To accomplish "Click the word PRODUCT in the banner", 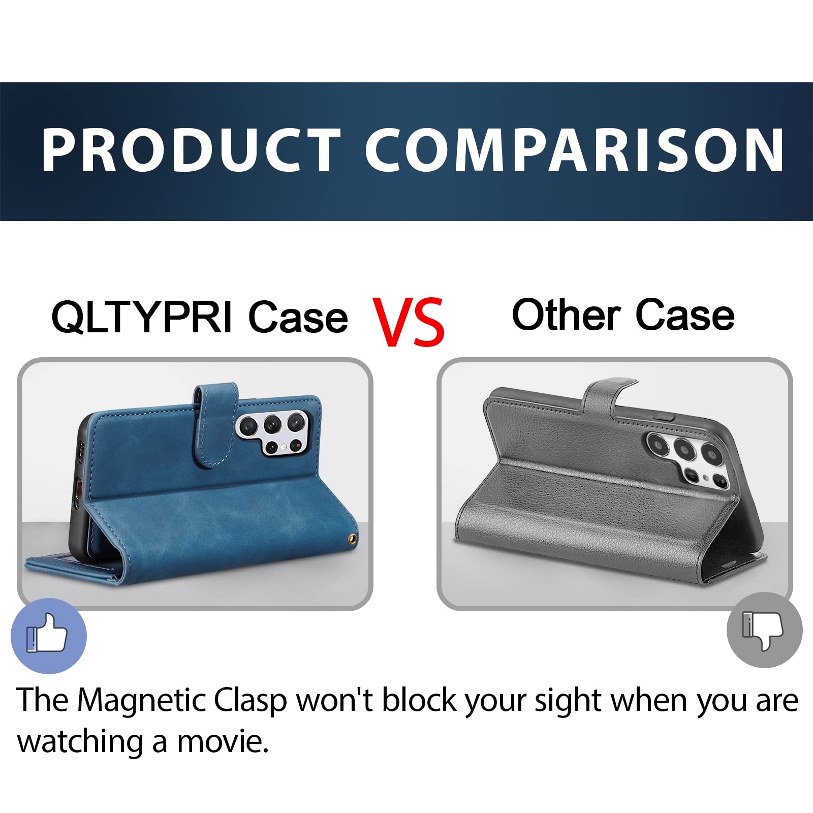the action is (x=191, y=150).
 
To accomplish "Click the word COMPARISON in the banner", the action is (x=575, y=150).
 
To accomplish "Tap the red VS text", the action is (x=409, y=322).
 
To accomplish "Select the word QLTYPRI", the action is (x=142, y=317).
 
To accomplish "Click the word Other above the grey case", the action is (x=566, y=315).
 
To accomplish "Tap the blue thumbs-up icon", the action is (x=49, y=636).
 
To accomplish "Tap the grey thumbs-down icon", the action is (x=764, y=630).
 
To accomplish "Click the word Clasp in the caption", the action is (x=250, y=701).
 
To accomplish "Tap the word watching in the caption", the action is (x=80, y=743).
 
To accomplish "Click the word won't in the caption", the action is (x=334, y=700).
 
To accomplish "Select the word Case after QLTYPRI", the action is (x=298, y=317).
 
